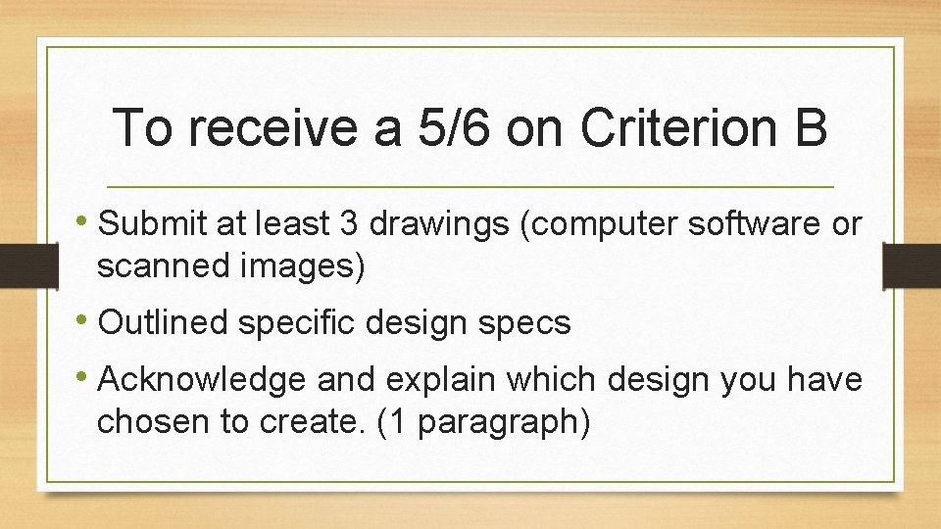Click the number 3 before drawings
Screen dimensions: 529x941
348,224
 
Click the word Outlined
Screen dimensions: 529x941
166,322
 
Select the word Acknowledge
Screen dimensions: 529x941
198,379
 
